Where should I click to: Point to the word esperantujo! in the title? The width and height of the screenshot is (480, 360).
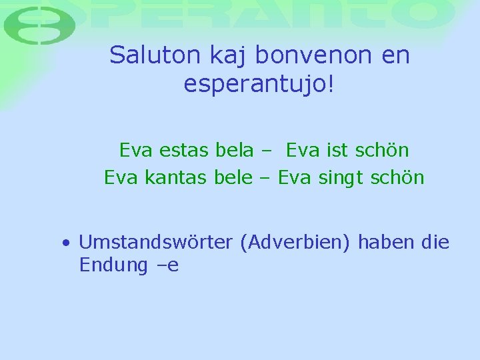point(260,85)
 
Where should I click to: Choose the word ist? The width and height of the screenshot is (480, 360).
point(338,150)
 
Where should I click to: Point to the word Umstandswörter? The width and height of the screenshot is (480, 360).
point(155,242)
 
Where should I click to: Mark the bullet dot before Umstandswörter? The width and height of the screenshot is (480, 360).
point(66,243)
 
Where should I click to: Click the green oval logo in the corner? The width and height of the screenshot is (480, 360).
point(39,26)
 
